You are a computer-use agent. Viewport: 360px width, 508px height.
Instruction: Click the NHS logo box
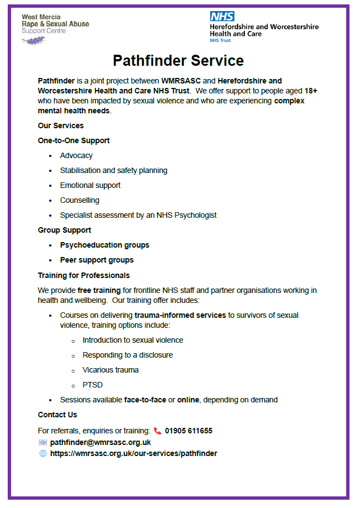click(x=222, y=17)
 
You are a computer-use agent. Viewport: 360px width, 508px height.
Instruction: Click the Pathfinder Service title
click(x=178, y=60)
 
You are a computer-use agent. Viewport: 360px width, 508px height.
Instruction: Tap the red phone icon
click(x=158, y=431)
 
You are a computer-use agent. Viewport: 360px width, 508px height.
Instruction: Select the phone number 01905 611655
click(x=189, y=431)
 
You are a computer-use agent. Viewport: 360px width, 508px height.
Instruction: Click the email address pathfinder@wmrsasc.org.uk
click(x=100, y=442)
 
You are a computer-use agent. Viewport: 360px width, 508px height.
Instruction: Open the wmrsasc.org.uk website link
click(x=133, y=453)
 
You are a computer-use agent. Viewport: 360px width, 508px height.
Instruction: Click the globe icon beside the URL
click(x=43, y=453)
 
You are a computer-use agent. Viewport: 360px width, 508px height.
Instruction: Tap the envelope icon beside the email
click(x=43, y=442)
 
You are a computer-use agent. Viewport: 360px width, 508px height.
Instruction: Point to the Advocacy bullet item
click(x=76, y=156)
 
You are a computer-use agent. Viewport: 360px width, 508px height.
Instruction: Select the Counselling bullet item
click(x=80, y=200)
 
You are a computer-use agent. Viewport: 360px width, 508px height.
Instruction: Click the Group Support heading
click(x=64, y=230)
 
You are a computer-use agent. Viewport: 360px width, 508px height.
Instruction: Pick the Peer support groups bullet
click(x=97, y=260)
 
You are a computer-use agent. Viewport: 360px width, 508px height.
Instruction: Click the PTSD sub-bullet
click(x=92, y=385)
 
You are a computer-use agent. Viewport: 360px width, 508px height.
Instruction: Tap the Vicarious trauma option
click(x=111, y=370)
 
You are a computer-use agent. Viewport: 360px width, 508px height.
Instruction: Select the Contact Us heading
click(x=58, y=415)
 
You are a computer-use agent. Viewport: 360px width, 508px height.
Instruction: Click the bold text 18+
click(x=311, y=91)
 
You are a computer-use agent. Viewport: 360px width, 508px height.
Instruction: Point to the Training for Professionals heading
click(x=84, y=275)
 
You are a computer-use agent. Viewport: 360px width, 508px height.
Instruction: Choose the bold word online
click(x=188, y=400)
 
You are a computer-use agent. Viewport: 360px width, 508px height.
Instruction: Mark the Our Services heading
click(x=61, y=125)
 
